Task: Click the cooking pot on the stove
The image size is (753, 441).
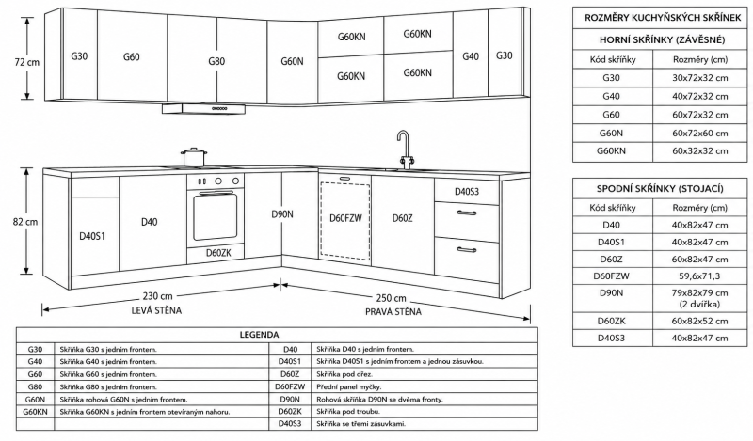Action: [194, 157]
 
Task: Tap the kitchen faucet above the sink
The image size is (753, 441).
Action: [405, 149]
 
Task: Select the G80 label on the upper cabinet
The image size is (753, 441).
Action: [216, 61]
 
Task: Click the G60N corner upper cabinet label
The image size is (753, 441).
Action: [292, 61]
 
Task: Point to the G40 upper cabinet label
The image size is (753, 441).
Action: [471, 56]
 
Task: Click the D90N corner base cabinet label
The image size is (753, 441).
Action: [281, 214]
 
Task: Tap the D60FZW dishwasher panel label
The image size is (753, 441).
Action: [345, 218]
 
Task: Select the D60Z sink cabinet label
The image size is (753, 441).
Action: [403, 218]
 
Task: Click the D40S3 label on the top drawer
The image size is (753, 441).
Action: [467, 192]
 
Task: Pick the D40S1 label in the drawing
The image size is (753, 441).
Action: [91, 236]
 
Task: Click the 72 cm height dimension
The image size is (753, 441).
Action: [26, 62]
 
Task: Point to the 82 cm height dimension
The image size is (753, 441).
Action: [25, 222]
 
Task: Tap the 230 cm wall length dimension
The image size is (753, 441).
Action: [157, 296]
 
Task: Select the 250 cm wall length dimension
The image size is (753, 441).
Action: [392, 298]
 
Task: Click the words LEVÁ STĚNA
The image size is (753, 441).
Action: [156, 310]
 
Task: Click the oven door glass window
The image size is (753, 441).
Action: [216, 217]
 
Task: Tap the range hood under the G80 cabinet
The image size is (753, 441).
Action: [203, 109]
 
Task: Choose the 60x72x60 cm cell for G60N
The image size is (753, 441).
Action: [699, 133]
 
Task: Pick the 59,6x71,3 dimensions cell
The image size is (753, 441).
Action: [699, 276]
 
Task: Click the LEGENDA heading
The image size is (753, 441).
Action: [260, 335]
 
